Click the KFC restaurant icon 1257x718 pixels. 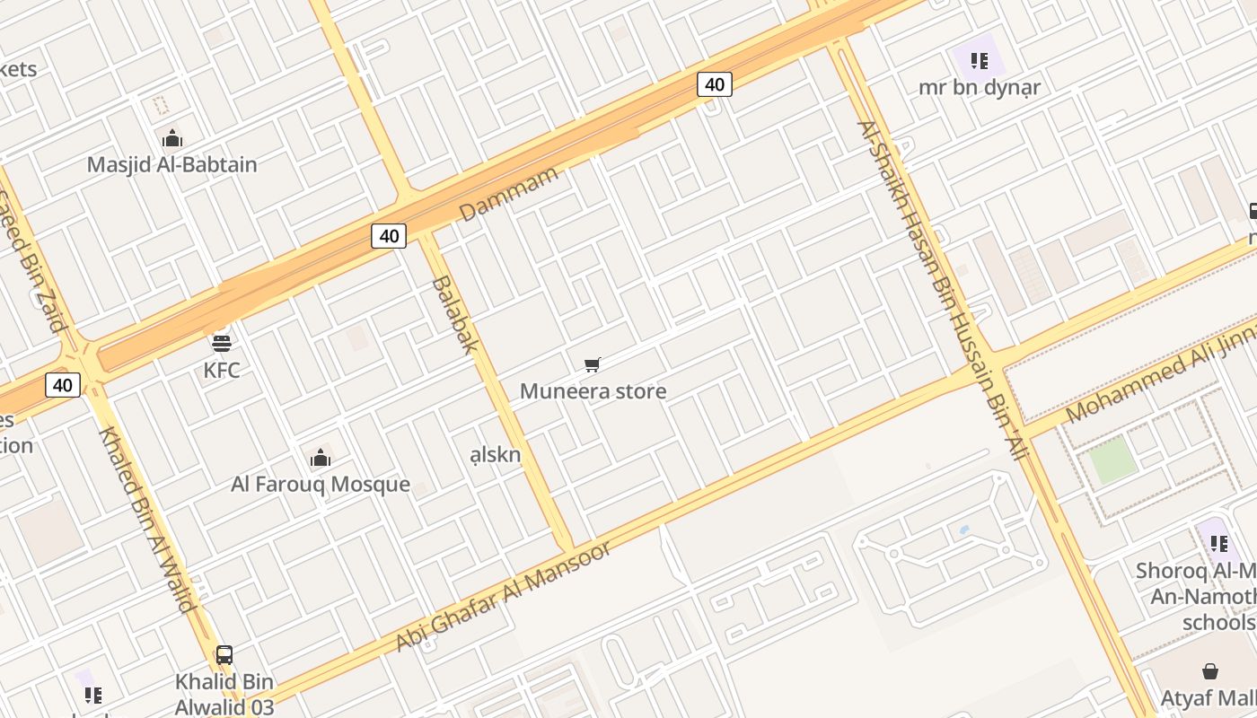click(x=221, y=342)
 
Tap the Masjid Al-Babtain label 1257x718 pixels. click(x=171, y=164)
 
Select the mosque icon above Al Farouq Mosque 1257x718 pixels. click(x=320, y=459)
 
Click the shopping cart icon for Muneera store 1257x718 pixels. click(x=592, y=364)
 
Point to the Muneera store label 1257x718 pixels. click(x=593, y=391)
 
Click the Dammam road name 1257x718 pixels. click(x=508, y=193)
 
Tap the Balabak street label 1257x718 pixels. click(x=454, y=313)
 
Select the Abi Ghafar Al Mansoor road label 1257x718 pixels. click(x=503, y=596)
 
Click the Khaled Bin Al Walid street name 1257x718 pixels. click(x=147, y=520)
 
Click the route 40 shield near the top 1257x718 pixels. click(x=714, y=84)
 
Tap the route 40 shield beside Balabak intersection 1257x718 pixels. click(x=389, y=236)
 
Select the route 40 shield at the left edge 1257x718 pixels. click(x=62, y=385)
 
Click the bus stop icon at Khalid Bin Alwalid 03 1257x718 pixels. click(x=224, y=655)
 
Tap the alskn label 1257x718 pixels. click(x=496, y=454)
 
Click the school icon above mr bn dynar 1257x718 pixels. click(x=979, y=61)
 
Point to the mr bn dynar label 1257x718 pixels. click(x=979, y=88)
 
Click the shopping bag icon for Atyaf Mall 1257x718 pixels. click(x=1210, y=671)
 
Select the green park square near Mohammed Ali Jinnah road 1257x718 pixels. click(x=1112, y=460)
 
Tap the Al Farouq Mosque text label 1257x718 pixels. click(x=321, y=485)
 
